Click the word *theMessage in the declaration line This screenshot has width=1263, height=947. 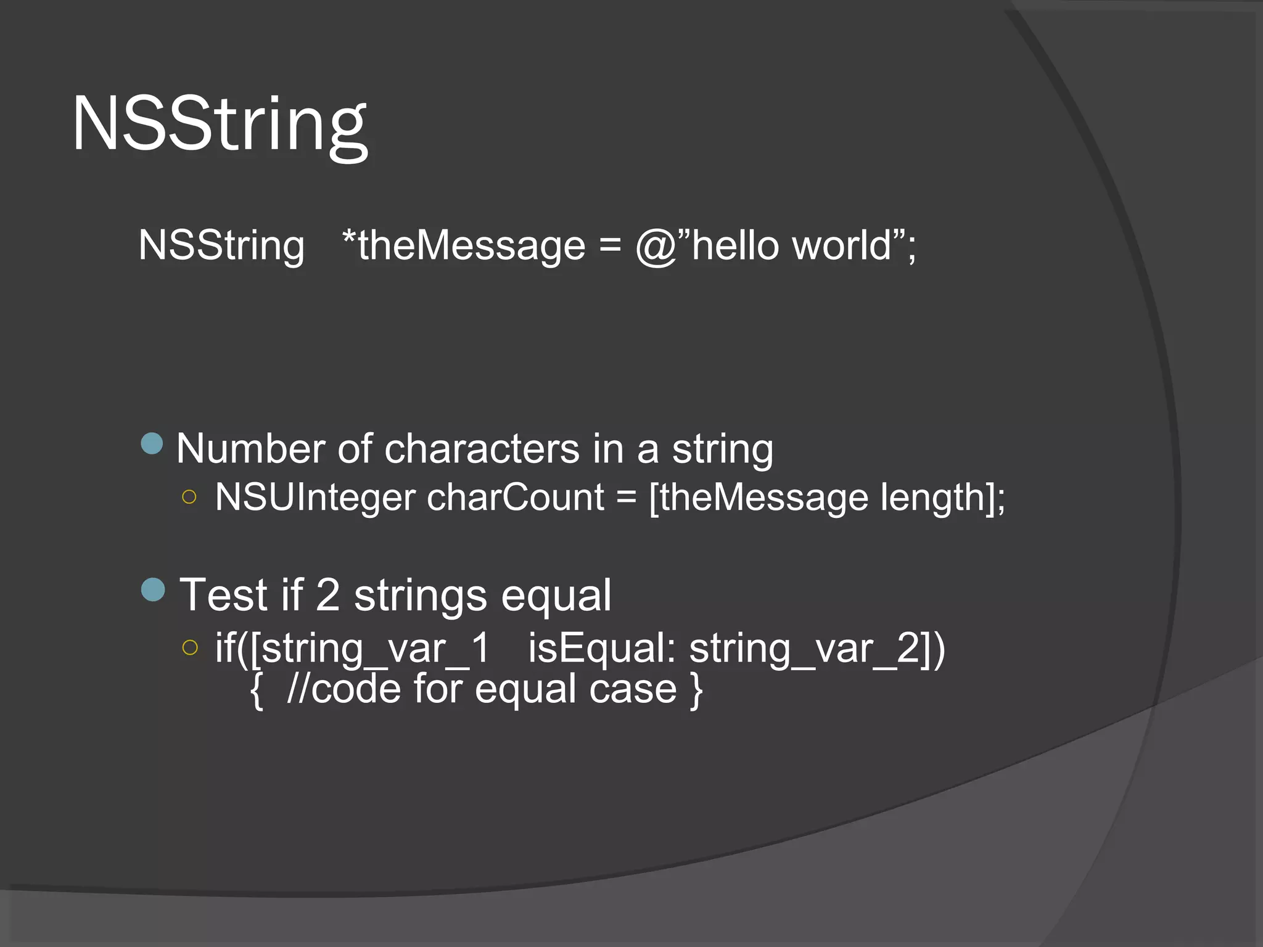tap(463, 245)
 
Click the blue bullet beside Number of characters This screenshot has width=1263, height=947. tap(152, 443)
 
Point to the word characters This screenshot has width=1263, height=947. tap(482, 448)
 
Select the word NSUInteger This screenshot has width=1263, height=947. tap(315, 497)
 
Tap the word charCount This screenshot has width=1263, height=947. tap(516, 497)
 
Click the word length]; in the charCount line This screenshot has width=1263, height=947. tap(942, 497)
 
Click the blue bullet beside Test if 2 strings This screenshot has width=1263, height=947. tap(153, 589)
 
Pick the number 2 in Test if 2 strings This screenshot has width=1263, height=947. tap(327, 595)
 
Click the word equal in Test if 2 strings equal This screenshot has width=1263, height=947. tap(556, 596)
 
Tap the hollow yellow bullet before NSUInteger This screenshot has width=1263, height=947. tap(189, 497)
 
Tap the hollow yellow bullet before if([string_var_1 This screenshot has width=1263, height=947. tap(190, 647)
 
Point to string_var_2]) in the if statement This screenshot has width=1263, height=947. tap(817, 649)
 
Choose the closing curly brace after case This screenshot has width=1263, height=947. tap(696, 690)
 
